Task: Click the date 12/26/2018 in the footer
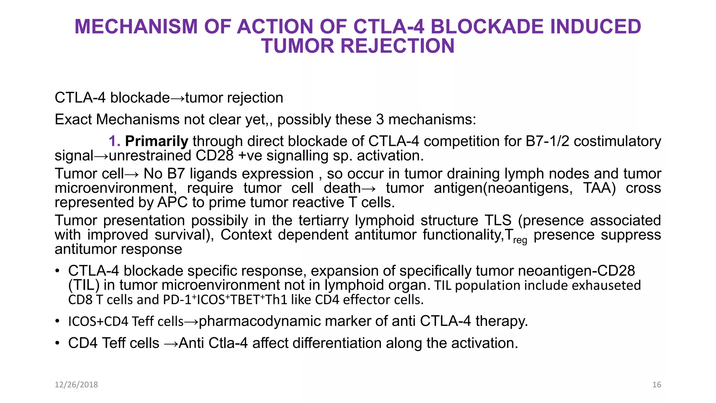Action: click(x=76, y=384)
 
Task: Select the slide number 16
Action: click(x=657, y=384)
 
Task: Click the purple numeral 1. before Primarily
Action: click(x=114, y=141)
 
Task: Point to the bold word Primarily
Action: click(x=157, y=141)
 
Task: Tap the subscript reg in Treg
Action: click(x=520, y=240)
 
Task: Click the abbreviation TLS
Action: click(x=498, y=221)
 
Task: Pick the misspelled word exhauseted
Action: click(x=606, y=285)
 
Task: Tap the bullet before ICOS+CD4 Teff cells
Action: click(x=57, y=321)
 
